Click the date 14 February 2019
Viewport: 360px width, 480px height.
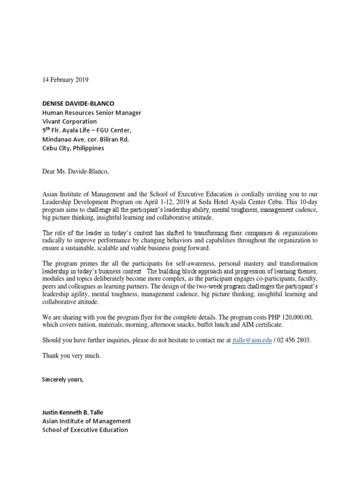pos(65,80)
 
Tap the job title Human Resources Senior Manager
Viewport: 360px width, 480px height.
pos(91,112)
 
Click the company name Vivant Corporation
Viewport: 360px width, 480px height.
pos(69,121)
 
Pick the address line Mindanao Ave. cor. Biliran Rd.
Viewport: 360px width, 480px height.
pos(85,139)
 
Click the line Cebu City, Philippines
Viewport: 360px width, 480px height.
pos(73,148)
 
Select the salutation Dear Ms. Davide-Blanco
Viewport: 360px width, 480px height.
pos(75,171)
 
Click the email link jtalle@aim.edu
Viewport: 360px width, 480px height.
pos(252,340)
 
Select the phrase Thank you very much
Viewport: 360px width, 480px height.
pos(71,356)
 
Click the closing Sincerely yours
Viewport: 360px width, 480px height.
pos(63,379)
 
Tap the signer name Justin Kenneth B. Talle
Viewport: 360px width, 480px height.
pos(73,412)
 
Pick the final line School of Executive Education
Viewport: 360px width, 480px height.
pos(85,429)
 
